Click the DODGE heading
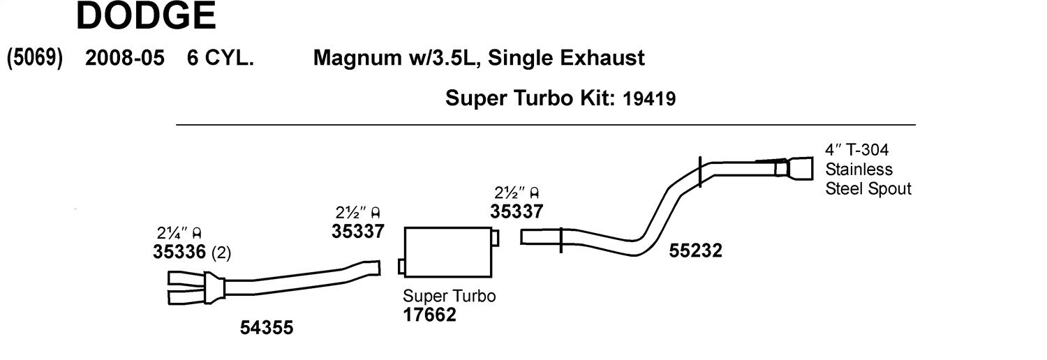146,15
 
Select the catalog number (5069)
35,59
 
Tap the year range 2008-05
125,58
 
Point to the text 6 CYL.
220,58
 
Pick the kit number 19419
649,98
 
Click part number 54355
267,327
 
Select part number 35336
179,252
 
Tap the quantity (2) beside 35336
221,253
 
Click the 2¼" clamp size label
179,232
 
